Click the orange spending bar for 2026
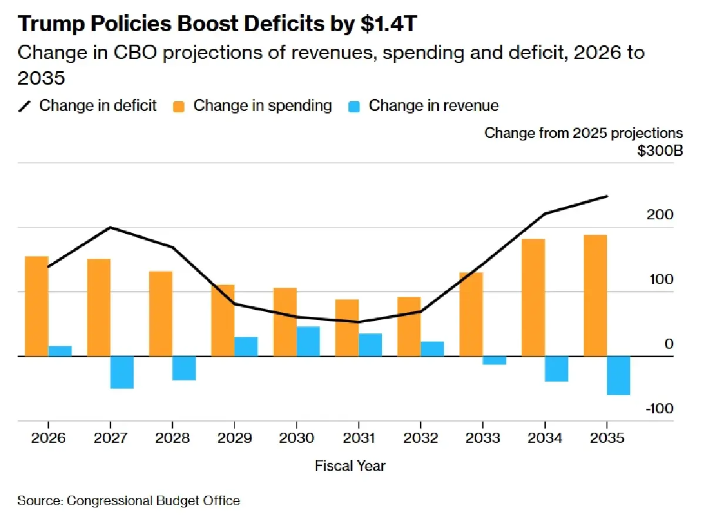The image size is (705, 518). coord(36,306)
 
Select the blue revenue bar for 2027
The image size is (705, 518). coord(122,372)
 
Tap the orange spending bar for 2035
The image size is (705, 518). coord(595,295)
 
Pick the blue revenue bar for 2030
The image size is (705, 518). coord(308,341)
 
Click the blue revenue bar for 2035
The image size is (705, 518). coord(619,375)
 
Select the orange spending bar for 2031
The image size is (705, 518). coord(347,327)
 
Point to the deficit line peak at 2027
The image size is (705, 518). coord(110,228)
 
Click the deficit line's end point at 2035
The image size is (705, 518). coord(607,196)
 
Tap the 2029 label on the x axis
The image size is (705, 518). coord(234,439)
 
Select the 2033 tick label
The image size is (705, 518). coord(482,439)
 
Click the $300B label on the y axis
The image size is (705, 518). coord(660,151)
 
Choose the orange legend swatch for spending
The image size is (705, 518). coord(179,106)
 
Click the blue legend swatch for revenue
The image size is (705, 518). coord(354,106)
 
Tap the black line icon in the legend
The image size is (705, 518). coord(25,106)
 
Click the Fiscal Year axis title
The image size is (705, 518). coord(350,466)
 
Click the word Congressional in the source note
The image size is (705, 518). coord(110,501)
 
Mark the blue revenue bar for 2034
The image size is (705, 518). coord(556,369)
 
